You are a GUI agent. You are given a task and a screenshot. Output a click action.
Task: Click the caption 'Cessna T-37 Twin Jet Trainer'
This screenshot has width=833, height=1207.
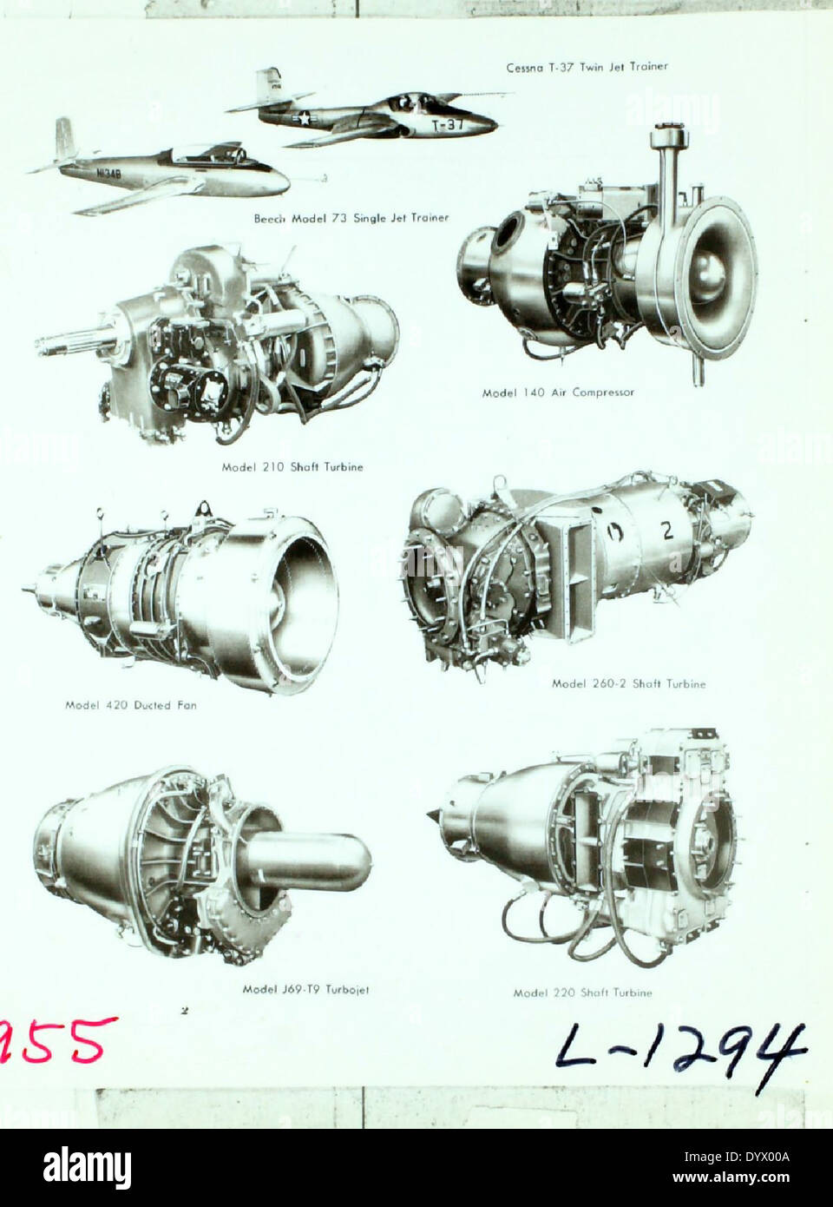[x=587, y=67]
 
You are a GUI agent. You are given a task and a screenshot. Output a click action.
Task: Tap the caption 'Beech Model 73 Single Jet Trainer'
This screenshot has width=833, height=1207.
[x=351, y=218]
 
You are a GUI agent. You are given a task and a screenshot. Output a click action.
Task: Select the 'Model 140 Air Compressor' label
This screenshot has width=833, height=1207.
[x=558, y=392]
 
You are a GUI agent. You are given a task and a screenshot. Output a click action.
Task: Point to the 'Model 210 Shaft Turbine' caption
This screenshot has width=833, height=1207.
[x=292, y=467]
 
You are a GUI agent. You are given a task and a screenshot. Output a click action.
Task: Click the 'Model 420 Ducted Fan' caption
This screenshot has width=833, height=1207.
[x=131, y=705]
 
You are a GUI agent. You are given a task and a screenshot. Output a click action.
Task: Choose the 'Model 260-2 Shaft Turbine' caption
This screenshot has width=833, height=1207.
[x=628, y=683]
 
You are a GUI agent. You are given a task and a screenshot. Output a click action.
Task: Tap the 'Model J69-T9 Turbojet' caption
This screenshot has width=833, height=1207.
[x=305, y=989]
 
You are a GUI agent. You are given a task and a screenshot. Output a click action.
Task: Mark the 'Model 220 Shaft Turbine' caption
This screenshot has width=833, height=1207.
[x=582, y=993]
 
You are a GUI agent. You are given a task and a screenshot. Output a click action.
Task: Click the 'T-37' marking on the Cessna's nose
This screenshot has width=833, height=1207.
[x=449, y=125]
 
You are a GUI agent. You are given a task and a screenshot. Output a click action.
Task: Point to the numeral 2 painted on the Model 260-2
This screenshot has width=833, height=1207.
[x=666, y=530]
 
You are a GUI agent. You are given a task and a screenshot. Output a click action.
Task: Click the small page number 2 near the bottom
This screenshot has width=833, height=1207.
[x=184, y=1010]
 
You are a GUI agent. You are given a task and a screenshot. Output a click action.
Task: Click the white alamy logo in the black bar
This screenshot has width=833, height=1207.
[x=87, y=1167]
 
